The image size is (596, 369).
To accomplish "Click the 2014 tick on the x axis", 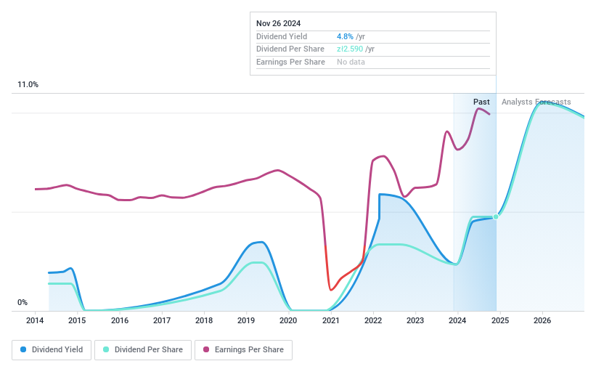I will pos(36,320).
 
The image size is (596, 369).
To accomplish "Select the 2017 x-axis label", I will pos(162,320).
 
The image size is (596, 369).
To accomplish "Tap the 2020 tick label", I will pos(288,320).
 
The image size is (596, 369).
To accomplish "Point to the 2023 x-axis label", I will pos(415,320).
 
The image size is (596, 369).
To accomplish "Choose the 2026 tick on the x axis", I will pos(542,320).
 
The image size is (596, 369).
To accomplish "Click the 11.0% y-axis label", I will pos(28,85).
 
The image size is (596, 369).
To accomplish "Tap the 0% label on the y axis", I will pos(23,303).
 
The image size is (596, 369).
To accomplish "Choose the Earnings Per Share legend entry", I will pos(243,350).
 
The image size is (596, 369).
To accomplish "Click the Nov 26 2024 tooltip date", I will pos(279,23).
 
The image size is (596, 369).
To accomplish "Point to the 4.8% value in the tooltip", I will pos(345,36).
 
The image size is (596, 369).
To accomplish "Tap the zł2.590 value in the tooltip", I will pos(350,49).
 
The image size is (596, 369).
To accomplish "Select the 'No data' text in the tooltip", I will pos(351,62).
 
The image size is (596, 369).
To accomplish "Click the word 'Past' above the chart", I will pos(481,102).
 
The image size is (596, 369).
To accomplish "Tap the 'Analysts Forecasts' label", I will pos(536,102).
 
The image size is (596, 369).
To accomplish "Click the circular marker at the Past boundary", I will pos(496,216).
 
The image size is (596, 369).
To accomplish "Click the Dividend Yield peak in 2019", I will pos(258,242).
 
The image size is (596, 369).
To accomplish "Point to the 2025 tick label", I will pos(499,320).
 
